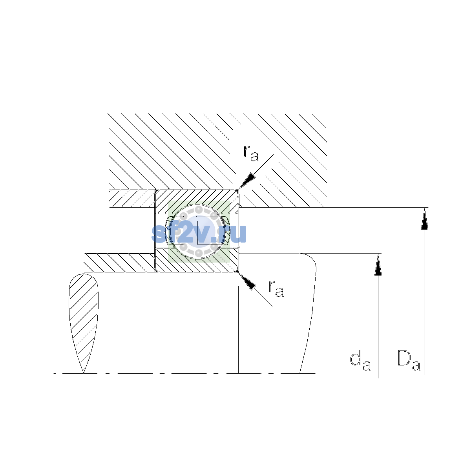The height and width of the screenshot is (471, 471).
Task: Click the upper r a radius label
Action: [251, 153]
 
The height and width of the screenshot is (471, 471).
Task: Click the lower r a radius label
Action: [276, 288]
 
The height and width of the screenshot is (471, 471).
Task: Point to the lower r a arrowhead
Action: [247, 281]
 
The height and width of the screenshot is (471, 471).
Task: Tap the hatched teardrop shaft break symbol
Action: [84, 323]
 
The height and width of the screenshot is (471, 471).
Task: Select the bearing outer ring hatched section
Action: [197, 199]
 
